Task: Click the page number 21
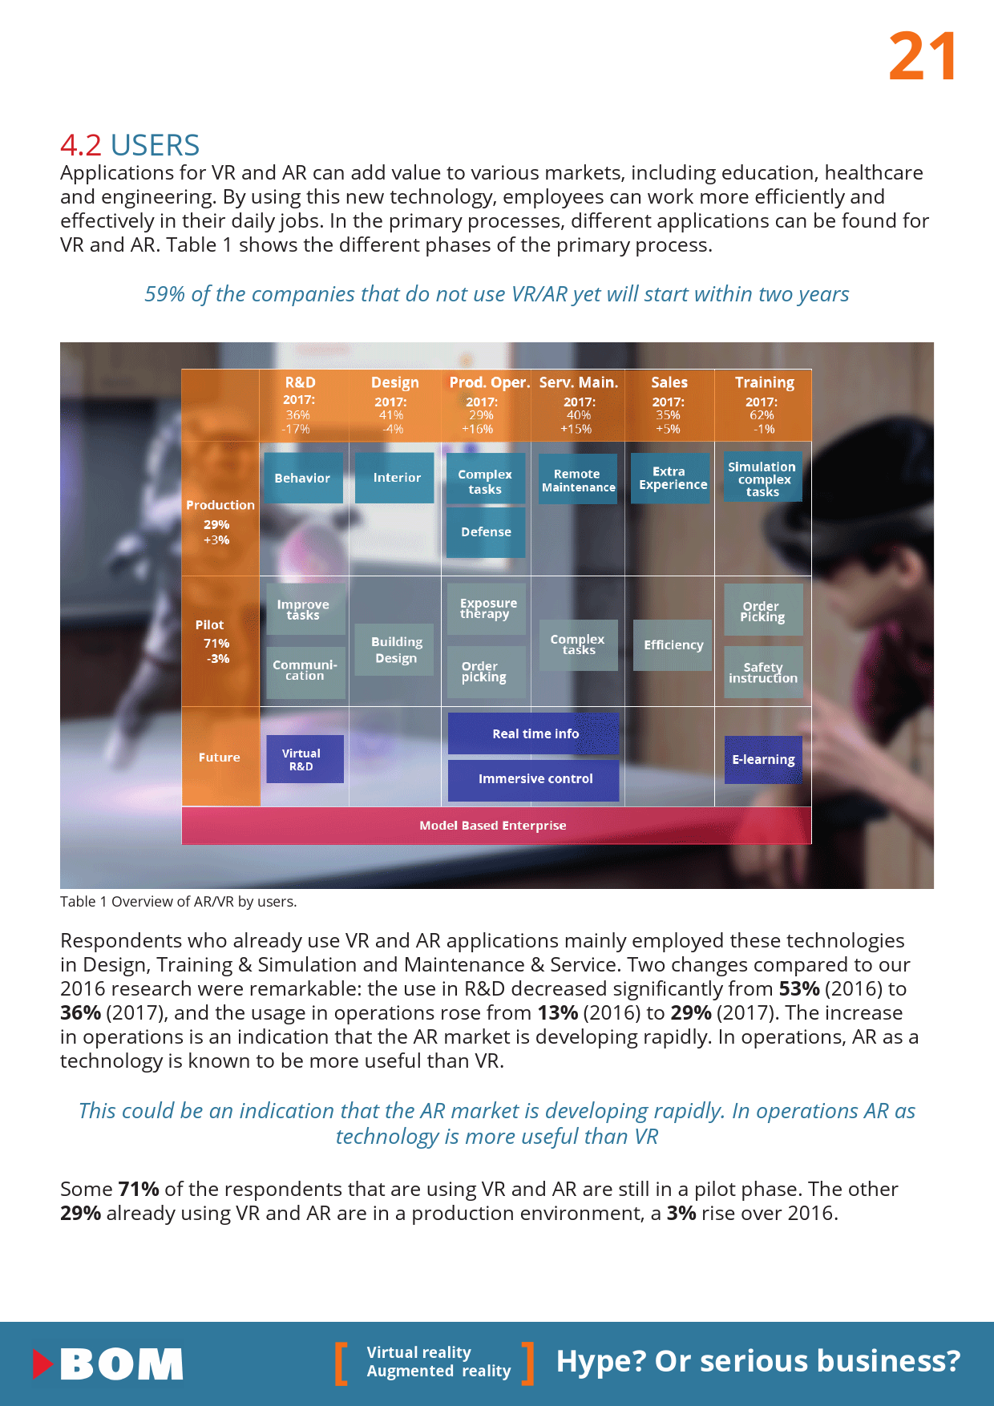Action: tap(923, 56)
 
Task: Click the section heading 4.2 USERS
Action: tap(130, 145)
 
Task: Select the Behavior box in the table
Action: tap(302, 478)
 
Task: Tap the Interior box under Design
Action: tap(395, 478)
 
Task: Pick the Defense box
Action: tap(486, 532)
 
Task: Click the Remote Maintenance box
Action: tap(578, 480)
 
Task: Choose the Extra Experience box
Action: tap(672, 479)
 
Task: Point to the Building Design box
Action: tap(395, 650)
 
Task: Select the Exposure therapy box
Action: tap(487, 608)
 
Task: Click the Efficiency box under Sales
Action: tap(673, 645)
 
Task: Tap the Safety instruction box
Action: tap(763, 673)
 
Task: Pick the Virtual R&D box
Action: tap(304, 759)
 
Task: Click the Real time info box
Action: tap(534, 733)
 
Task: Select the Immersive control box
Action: tap(534, 779)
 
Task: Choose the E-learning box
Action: tap(763, 760)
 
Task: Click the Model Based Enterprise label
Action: tap(492, 826)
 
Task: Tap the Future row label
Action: tap(220, 757)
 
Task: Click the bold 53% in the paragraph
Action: tap(798, 988)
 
